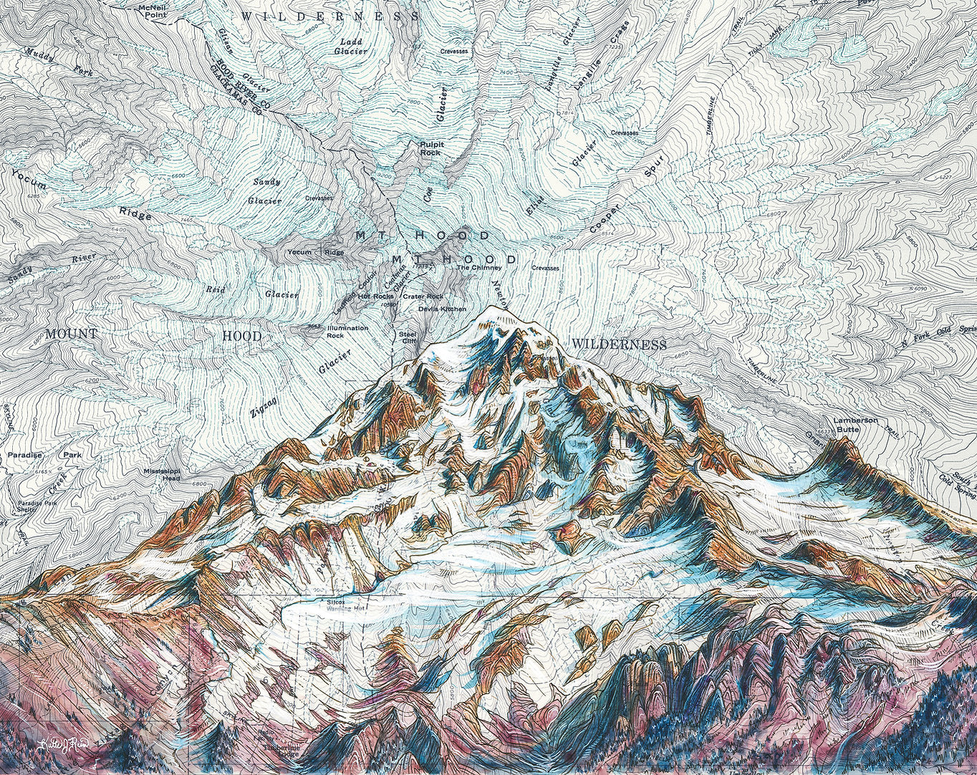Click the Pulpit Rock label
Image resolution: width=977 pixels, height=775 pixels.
pyautogui.click(x=431, y=148)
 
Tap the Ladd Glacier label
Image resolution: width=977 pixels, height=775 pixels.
pyautogui.click(x=351, y=47)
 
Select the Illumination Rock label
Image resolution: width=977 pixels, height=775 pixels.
pyautogui.click(x=347, y=332)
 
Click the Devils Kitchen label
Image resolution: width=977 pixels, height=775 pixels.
pyautogui.click(x=442, y=309)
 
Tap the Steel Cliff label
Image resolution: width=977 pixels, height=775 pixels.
pyautogui.click(x=408, y=337)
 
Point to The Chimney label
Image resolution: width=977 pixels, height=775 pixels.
pyautogui.click(x=477, y=268)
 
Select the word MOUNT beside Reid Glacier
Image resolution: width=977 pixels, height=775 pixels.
pyautogui.click(x=71, y=334)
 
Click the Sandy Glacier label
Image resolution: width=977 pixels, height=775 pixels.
pyautogui.click(x=264, y=191)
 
